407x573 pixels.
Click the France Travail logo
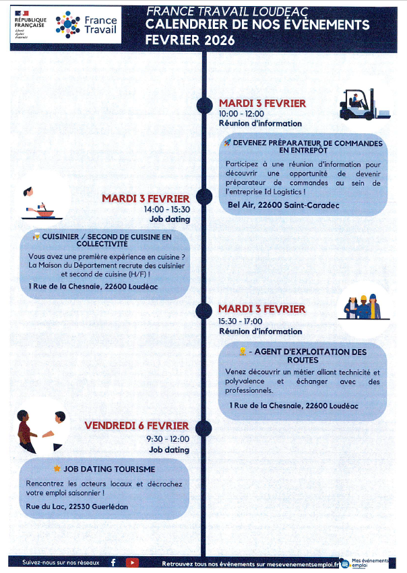tap(86, 25)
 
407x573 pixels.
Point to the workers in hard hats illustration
tap(363, 307)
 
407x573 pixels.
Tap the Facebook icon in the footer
tap(113, 562)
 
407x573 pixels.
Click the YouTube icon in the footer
tap(132, 562)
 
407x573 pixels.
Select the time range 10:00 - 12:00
tap(241, 114)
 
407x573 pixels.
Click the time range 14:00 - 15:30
tap(167, 209)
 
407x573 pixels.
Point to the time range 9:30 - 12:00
tap(169, 439)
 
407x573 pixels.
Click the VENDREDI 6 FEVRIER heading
tap(137, 426)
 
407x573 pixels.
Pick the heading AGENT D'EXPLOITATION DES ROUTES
tap(307, 356)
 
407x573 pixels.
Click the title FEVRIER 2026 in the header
tap(190, 41)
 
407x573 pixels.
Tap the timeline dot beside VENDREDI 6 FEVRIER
tap(201, 426)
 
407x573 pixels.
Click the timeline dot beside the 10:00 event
tap(204, 105)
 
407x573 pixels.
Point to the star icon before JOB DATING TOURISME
tap(57, 468)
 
